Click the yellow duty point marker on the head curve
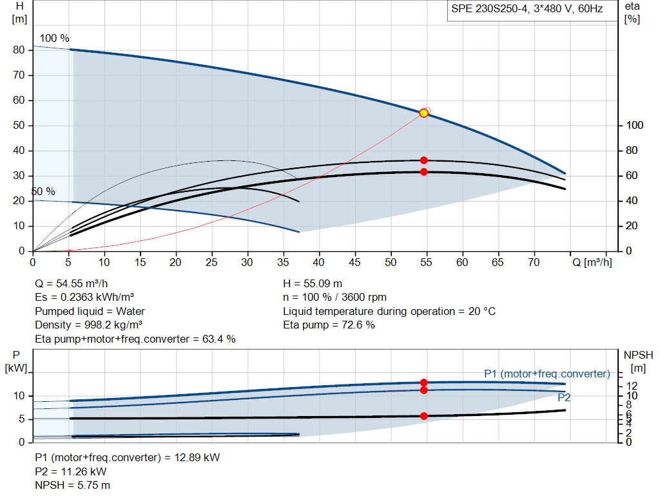[424, 113]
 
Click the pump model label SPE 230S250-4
[489, 9]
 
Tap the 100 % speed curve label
[54, 38]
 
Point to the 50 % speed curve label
[43, 192]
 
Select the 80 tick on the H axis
[19, 50]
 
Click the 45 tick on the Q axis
[355, 262]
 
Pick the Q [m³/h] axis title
[592, 262]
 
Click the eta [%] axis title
[632, 13]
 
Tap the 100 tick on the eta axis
[635, 126]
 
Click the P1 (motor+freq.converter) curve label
[547, 374]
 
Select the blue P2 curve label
[564, 397]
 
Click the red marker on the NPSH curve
[424, 416]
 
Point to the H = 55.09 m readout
[313, 284]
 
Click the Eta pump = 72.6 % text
[329, 325]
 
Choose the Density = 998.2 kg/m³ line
[89, 325]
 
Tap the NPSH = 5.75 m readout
[72, 486]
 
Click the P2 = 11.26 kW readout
[71, 471]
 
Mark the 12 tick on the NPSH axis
[632, 386]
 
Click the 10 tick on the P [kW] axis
[19, 395]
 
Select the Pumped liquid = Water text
[90, 311]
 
